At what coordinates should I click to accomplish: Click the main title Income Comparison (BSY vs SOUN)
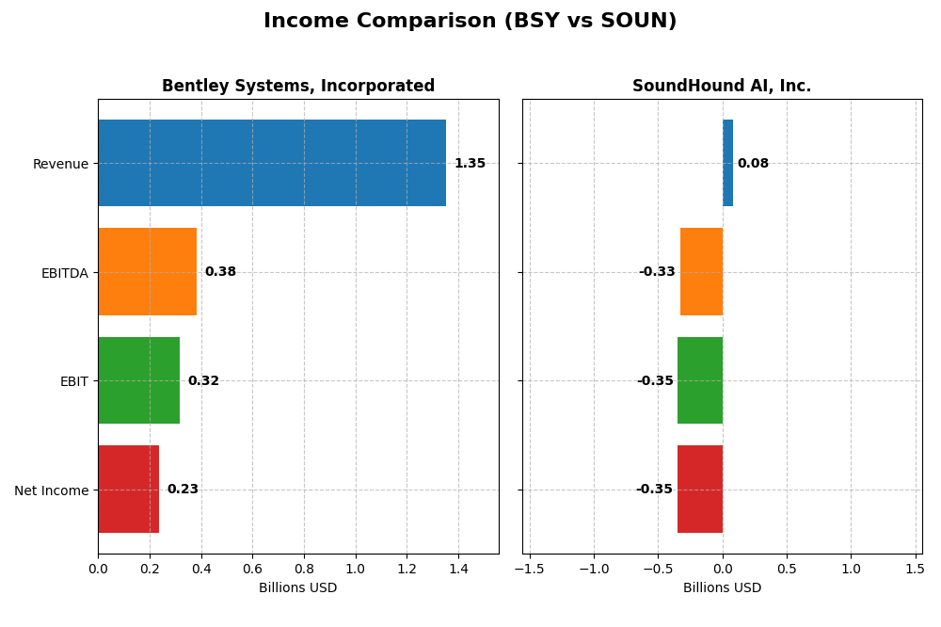(x=470, y=21)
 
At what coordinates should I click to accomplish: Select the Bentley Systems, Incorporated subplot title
(x=298, y=87)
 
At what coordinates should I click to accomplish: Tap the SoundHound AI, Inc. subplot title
(x=722, y=87)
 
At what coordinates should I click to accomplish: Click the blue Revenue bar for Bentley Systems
(x=272, y=163)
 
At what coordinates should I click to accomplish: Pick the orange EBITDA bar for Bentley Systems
(x=147, y=271)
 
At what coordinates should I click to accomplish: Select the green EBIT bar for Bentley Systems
(x=138, y=380)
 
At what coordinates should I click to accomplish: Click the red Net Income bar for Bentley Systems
(x=128, y=489)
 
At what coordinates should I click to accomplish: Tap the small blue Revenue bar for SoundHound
(x=727, y=163)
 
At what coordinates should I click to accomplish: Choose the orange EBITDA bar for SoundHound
(x=701, y=271)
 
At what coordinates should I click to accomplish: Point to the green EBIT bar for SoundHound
(x=700, y=380)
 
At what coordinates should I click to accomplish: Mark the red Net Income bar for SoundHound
(x=700, y=489)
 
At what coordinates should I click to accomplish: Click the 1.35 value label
(x=470, y=164)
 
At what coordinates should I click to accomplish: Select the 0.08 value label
(x=753, y=164)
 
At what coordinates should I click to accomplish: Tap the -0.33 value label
(x=657, y=272)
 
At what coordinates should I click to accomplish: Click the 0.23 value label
(x=183, y=490)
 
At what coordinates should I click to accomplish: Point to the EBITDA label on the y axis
(x=65, y=273)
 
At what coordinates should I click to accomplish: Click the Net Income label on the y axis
(x=52, y=490)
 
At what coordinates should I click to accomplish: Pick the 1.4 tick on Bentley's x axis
(x=458, y=569)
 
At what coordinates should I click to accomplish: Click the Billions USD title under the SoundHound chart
(x=722, y=588)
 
